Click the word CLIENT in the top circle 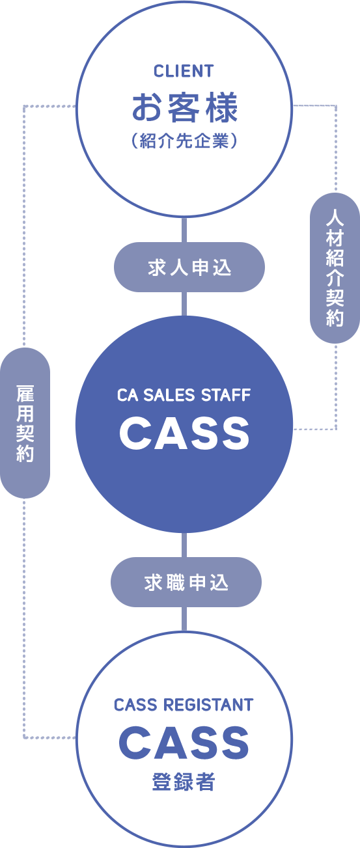184,71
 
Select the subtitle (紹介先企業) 184,141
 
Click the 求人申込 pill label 189,267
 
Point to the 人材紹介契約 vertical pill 335,268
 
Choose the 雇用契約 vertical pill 25,423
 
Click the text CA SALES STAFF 184,395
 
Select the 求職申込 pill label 186,582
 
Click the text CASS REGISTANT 184,705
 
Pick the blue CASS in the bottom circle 184,743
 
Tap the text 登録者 184,782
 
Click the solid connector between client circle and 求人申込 184,230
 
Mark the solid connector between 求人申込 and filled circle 184,304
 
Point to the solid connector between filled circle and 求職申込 184,545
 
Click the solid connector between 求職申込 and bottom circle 184,619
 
